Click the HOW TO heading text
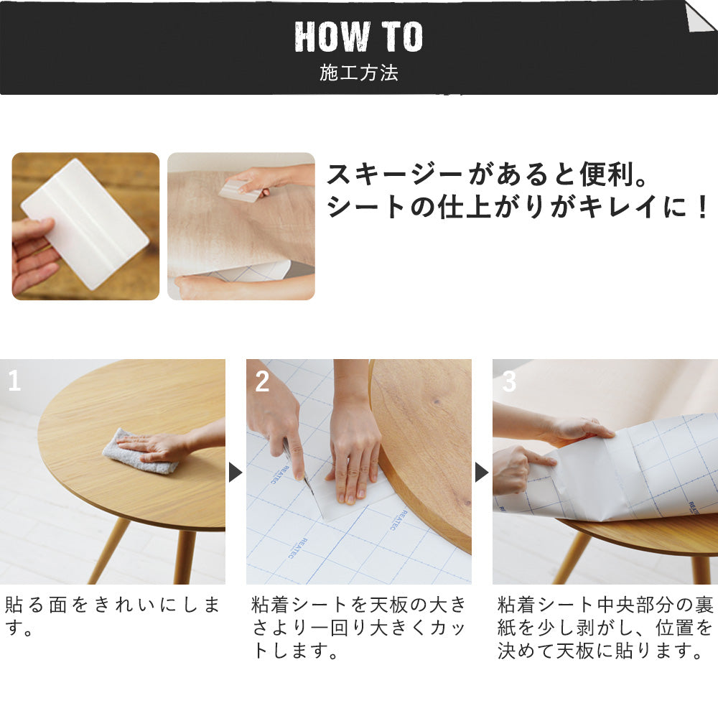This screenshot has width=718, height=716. (x=358, y=37)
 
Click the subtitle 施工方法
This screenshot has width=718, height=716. (x=358, y=73)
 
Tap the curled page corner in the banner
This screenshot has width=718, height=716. (x=700, y=16)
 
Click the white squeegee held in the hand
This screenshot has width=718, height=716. (x=85, y=223)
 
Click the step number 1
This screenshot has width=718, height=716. (x=14, y=381)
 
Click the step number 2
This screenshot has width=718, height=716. (x=262, y=381)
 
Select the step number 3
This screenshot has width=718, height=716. (x=508, y=381)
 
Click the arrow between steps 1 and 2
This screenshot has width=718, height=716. (x=236, y=472)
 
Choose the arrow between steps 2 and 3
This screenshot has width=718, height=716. (x=482, y=472)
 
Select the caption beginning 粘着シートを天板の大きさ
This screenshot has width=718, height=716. (x=358, y=628)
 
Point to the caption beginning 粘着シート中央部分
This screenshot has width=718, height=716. (x=605, y=628)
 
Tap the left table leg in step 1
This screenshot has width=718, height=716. (x=111, y=549)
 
